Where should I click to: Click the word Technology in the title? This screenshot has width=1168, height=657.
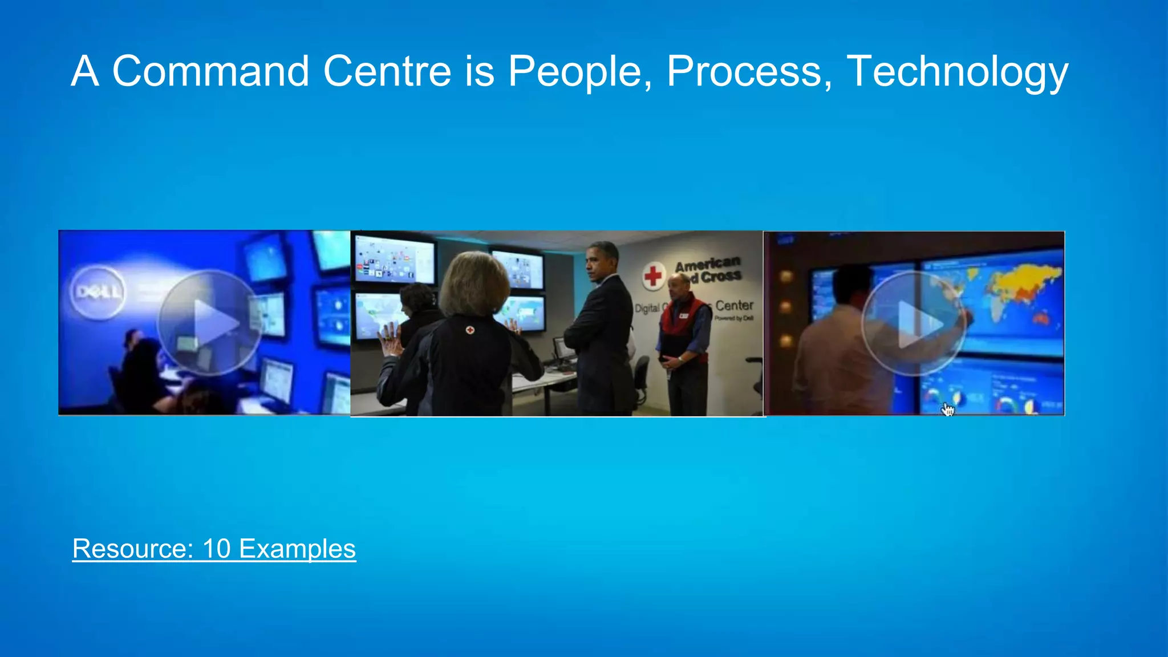click(x=957, y=71)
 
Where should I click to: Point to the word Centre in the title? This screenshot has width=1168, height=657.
click(x=387, y=71)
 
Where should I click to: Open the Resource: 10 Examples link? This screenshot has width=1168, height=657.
click(x=214, y=549)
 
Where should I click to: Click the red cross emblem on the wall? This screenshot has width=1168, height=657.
click(x=654, y=276)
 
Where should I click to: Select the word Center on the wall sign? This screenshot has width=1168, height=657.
click(x=734, y=306)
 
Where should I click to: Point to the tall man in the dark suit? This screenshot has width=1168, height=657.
click(x=602, y=331)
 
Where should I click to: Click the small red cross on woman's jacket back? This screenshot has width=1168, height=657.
click(x=469, y=330)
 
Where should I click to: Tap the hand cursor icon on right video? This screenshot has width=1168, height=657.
click(x=947, y=409)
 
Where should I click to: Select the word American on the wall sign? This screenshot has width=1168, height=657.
click(x=708, y=265)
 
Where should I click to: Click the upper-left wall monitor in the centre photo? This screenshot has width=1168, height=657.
click(x=394, y=259)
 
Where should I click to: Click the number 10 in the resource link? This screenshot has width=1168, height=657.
click(x=216, y=549)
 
